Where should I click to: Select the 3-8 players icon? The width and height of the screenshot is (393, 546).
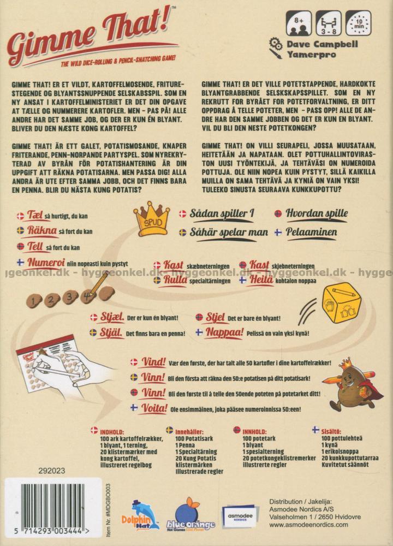tap(328, 23)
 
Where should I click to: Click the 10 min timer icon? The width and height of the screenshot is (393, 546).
tap(359, 23)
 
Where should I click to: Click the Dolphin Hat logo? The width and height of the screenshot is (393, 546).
tap(145, 513)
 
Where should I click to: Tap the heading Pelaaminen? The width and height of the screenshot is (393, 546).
tap(313, 232)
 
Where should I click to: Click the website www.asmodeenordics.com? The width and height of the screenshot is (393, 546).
tap(309, 525)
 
